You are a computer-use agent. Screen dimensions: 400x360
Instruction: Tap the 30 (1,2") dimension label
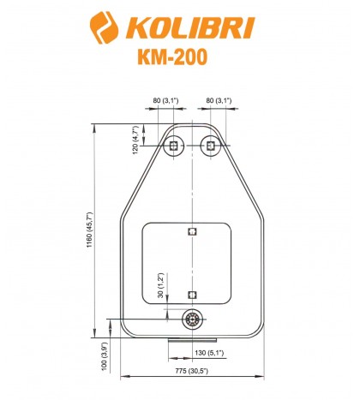click(160, 284)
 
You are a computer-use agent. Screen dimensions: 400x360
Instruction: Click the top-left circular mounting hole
click(175, 146)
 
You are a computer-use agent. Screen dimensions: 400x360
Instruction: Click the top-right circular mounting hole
click(209, 146)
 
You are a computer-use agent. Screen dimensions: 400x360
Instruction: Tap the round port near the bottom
click(192, 319)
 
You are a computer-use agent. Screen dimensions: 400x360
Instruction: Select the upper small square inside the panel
click(192, 231)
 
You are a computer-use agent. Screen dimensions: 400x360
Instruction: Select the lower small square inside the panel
click(192, 295)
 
